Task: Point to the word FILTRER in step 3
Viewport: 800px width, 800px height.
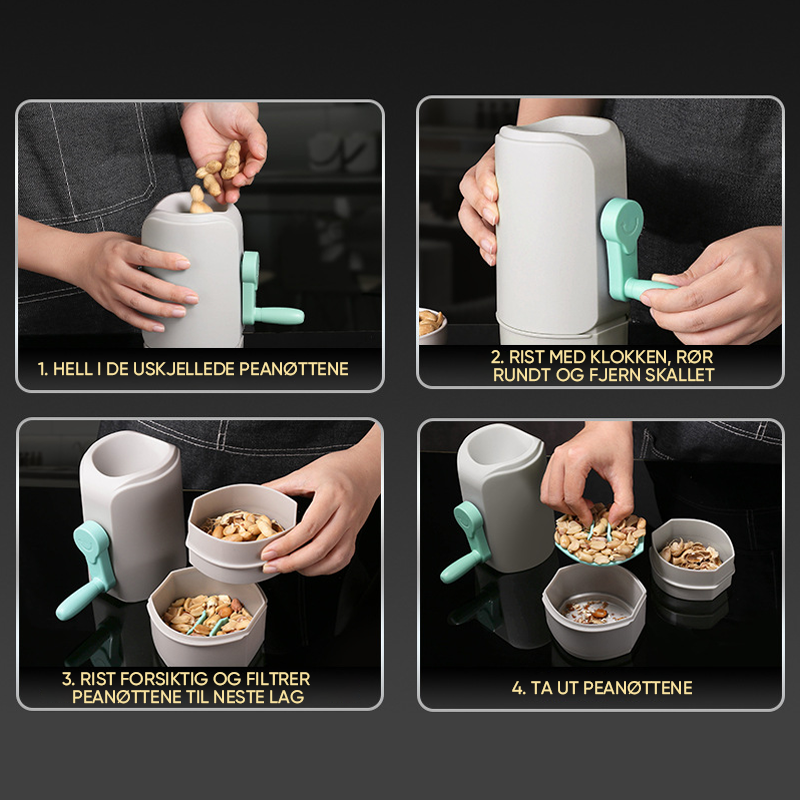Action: [278, 679]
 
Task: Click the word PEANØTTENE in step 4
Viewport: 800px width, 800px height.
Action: [638, 688]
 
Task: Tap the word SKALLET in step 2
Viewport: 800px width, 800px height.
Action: [680, 375]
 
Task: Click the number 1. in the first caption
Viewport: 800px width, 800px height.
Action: [43, 369]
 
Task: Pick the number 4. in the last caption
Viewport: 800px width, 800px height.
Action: [518, 688]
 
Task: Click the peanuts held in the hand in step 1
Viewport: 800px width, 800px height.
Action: [218, 171]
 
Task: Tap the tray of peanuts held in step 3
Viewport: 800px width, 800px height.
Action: [240, 533]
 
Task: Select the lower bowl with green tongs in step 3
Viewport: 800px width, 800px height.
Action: [207, 616]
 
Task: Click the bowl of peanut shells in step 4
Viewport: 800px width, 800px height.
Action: [692, 559]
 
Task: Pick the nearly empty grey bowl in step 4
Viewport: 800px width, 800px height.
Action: [594, 610]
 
